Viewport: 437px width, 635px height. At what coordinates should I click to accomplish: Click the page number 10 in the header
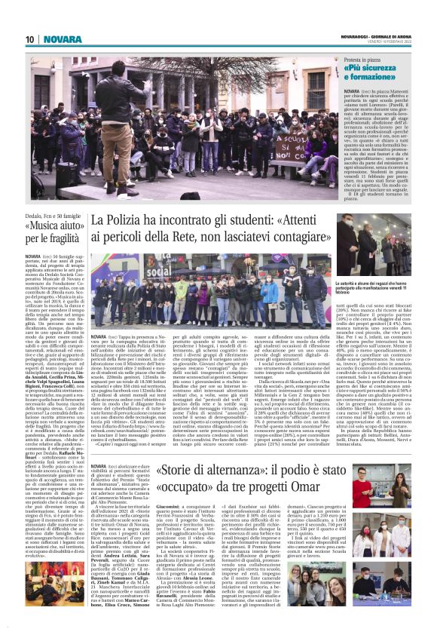tap(30, 38)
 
